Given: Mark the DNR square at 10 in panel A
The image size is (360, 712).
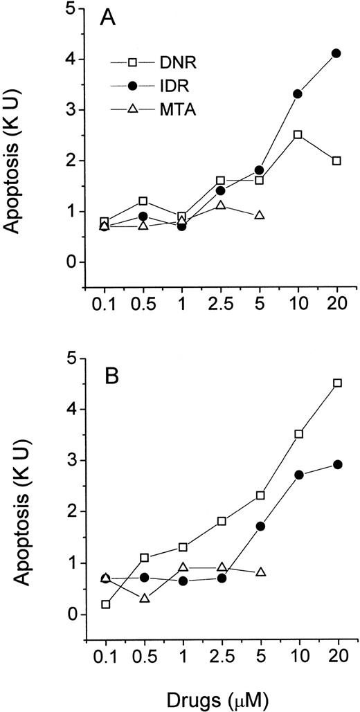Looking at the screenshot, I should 298,135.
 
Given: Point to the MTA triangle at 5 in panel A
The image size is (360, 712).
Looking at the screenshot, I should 260,215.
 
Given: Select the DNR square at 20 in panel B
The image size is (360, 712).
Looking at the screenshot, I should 337,383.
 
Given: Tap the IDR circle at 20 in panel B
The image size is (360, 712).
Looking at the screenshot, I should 337,465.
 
